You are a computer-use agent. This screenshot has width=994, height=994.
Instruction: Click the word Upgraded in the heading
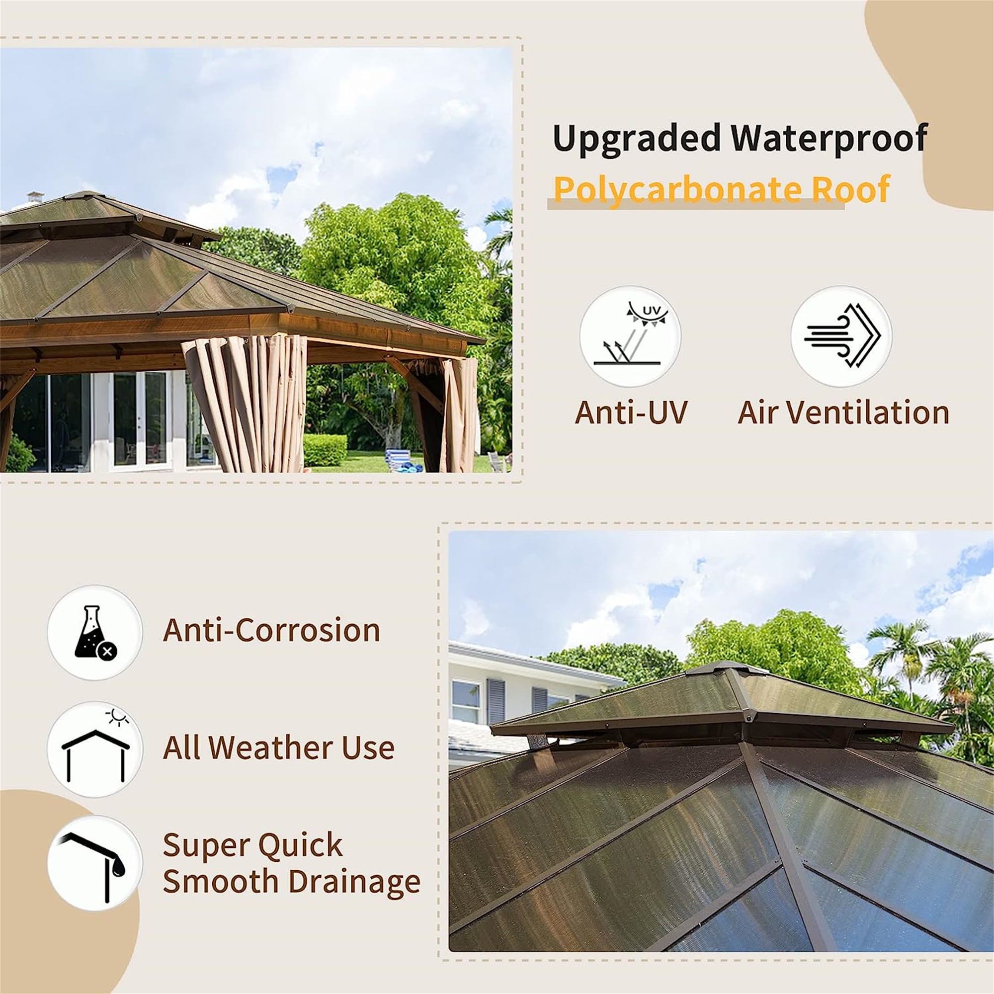pos(636,139)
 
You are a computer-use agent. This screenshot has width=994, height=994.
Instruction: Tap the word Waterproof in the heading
pos(829,139)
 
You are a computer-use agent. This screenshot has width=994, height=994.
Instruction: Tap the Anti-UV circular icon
pos(630,336)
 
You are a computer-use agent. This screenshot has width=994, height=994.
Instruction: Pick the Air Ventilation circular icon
pos(841,336)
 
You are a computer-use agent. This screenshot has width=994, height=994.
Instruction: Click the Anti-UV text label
pos(631,413)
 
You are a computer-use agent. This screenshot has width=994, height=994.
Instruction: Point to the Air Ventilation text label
pos(843,413)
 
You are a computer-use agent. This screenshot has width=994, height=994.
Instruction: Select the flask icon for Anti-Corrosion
pos(94,632)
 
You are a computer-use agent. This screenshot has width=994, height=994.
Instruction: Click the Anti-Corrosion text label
pos(271,630)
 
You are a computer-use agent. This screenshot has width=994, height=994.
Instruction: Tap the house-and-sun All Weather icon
pos(94,749)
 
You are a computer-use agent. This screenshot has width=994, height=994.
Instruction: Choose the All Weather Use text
pos(278,747)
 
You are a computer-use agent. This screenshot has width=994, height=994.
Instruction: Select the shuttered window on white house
pos(496,701)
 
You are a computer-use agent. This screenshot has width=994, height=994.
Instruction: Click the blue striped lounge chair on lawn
pos(399,459)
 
